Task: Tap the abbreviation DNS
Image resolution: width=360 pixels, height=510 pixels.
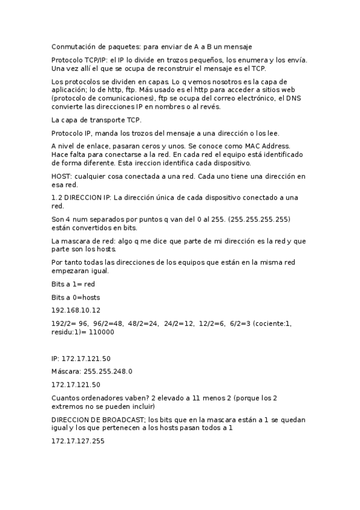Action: (x=293, y=98)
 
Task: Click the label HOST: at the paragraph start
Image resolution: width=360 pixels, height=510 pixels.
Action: (x=63, y=176)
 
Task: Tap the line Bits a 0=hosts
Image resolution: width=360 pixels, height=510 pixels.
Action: (x=76, y=297)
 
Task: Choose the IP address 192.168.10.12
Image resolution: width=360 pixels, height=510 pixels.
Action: (x=76, y=310)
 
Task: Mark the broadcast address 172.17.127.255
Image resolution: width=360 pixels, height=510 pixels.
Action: (x=78, y=441)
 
